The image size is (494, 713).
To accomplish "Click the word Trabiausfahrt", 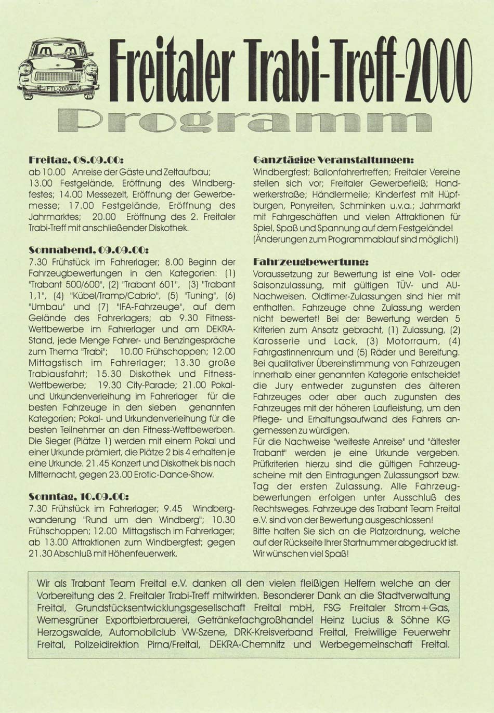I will click(58, 374).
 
